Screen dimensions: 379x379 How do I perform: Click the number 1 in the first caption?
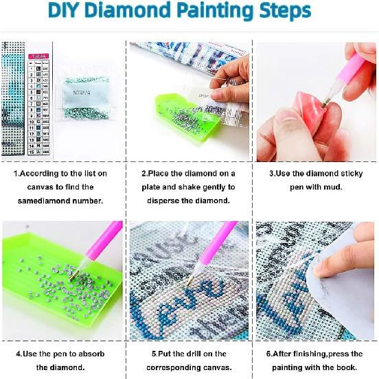15,174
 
